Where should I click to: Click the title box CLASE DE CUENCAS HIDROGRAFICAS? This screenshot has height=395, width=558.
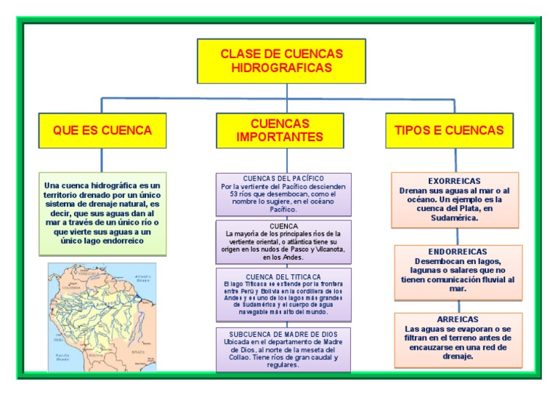click(281, 60)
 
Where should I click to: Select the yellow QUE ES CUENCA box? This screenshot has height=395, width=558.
click(102, 130)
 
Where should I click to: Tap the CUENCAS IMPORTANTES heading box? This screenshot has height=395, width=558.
click(280, 130)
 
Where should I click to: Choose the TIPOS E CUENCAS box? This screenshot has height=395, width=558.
click(448, 130)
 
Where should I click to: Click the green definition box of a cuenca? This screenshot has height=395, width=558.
click(102, 213)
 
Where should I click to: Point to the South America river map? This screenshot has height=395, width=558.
click(102, 317)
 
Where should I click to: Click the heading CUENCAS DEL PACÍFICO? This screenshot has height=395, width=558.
click(283, 178)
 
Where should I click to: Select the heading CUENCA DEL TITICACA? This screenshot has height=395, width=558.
click(283, 276)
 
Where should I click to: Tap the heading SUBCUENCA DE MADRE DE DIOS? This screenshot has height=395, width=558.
click(283, 333)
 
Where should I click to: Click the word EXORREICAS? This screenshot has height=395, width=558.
click(454, 180)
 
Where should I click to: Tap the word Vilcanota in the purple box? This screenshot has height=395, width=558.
click(329, 250)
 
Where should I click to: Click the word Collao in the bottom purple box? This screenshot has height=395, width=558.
click(234, 356)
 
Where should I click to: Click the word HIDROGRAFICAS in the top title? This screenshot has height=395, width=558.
click(281, 67)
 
